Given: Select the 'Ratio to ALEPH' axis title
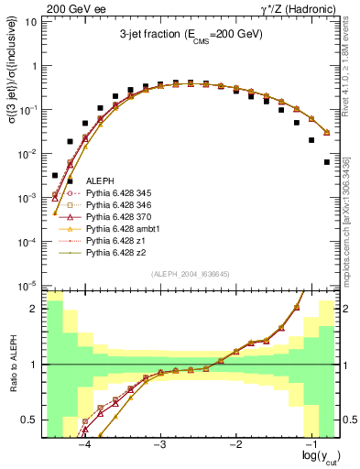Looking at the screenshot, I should (x=12, y=364).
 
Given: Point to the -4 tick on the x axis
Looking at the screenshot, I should (x=85, y=445).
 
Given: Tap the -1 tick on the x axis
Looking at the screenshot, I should (x=313, y=445).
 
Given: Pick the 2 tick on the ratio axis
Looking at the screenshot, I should (x=34, y=309).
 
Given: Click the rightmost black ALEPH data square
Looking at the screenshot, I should (x=327, y=162).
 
